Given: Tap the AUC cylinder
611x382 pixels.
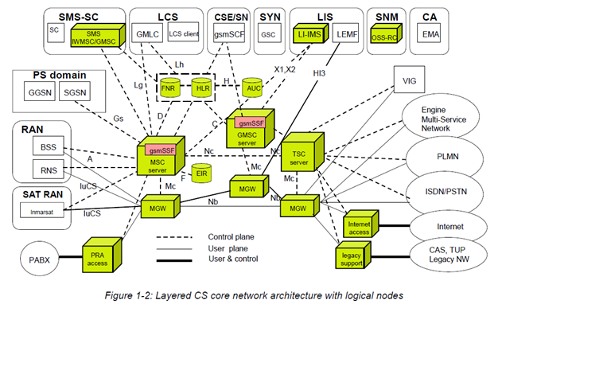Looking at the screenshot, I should [253, 88].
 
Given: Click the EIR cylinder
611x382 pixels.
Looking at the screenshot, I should [201, 173].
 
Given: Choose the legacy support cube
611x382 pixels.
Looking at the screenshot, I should [350, 257].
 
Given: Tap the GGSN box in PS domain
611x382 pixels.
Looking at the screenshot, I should [38, 94].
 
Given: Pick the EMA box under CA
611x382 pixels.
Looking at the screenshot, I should [430, 34].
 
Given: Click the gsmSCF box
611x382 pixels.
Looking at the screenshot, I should [228, 35].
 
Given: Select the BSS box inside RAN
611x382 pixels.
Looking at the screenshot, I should [44, 147].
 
